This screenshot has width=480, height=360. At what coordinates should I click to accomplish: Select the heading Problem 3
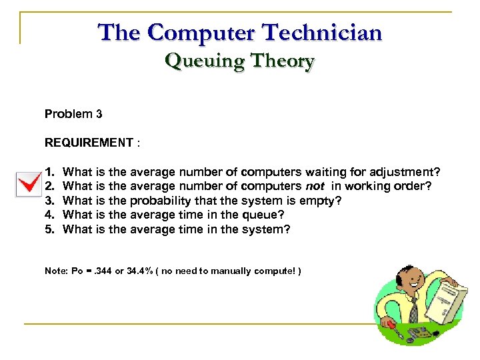click(73, 114)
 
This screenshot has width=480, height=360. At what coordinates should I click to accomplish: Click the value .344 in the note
click(102, 271)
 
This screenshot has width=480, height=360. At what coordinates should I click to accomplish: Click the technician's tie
click(413, 309)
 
